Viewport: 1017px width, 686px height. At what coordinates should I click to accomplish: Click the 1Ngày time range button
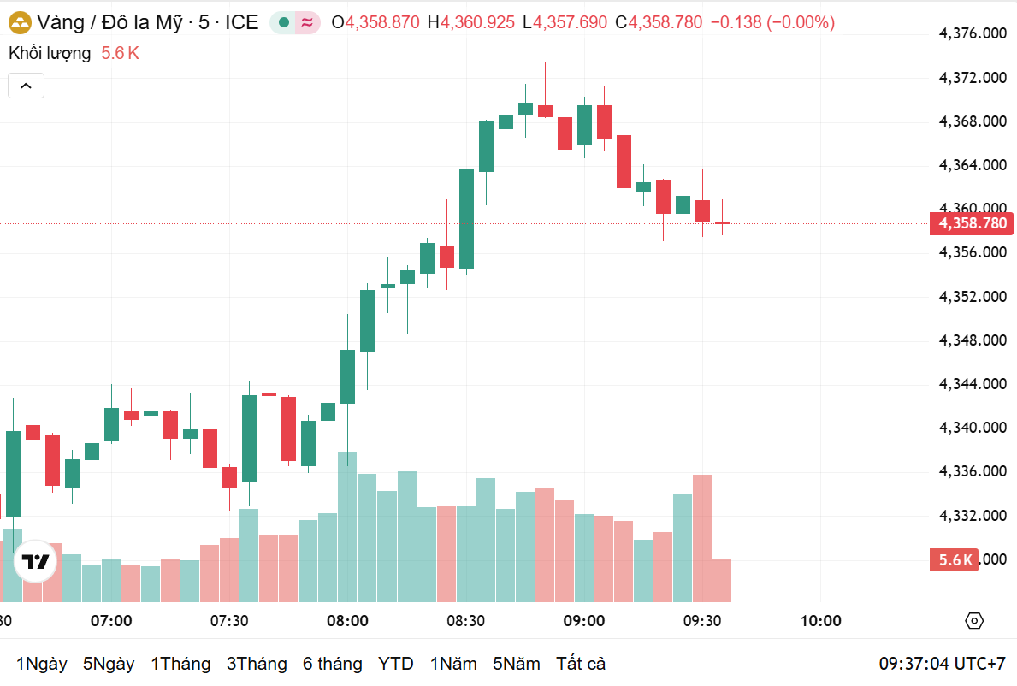[42, 664]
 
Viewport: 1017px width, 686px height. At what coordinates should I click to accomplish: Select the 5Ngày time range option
[109, 664]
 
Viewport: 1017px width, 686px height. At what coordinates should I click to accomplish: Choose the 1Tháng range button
[180, 664]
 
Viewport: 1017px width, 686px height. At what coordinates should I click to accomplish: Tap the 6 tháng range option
[332, 664]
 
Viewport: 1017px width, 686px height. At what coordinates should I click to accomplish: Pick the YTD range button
[395, 664]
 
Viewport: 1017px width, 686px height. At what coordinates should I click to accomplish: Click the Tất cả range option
[581, 664]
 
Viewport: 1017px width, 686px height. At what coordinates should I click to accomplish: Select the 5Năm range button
[517, 664]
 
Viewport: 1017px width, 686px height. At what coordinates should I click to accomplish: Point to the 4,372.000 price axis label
[972, 78]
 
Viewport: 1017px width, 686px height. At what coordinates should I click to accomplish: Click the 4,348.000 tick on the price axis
[972, 340]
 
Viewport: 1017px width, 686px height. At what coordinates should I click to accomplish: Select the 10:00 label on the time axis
[820, 621]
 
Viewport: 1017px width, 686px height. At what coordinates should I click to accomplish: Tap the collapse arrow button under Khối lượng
[26, 86]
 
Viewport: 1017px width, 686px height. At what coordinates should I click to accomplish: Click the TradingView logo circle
[36, 562]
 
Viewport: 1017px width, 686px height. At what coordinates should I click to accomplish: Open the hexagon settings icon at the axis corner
[973, 621]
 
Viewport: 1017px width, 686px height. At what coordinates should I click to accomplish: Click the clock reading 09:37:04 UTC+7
[942, 664]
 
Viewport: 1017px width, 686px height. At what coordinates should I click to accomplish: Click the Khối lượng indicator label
[50, 53]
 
